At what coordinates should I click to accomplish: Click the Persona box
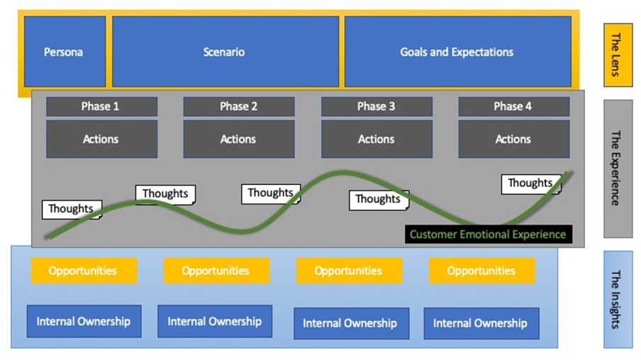tap(64, 52)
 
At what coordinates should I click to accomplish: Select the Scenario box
tap(224, 52)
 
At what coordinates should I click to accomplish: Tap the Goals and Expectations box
tap(457, 52)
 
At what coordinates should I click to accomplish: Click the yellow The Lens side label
tap(618, 55)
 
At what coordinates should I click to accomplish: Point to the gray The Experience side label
tap(618, 168)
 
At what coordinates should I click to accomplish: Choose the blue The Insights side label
tap(618, 298)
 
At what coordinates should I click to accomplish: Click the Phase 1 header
tap(101, 106)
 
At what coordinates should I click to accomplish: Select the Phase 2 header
tap(238, 106)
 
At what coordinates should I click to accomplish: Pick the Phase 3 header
tap(376, 106)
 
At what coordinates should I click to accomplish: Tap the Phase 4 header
tap(513, 106)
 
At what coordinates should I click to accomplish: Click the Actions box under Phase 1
tap(101, 139)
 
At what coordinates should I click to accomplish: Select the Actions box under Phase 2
tap(238, 139)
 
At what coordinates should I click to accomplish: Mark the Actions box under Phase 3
tap(376, 139)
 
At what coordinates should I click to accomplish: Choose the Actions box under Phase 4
tap(513, 139)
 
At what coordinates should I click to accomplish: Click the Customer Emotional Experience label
tap(488, 235)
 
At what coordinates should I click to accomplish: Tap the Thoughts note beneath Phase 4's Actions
tap(530, 184)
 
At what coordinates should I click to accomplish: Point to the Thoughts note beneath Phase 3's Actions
tap(378, 199)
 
